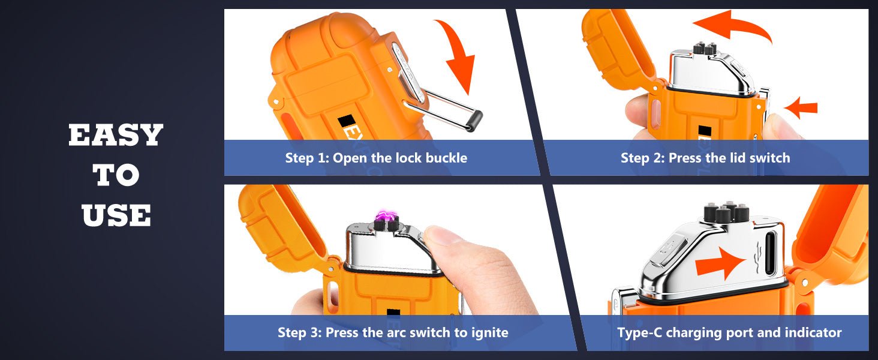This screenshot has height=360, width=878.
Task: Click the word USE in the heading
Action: pos(116,215)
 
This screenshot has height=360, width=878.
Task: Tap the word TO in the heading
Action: pos(116,175)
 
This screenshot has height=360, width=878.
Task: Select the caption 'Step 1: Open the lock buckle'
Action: pos(376,158)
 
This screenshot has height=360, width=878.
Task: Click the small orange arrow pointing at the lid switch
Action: pos(801,109)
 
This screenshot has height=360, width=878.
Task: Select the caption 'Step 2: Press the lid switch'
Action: pos(705,158)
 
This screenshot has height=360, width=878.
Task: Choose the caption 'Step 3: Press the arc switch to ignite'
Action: pos(393,332)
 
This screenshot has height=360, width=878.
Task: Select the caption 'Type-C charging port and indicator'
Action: pos(729,332)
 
